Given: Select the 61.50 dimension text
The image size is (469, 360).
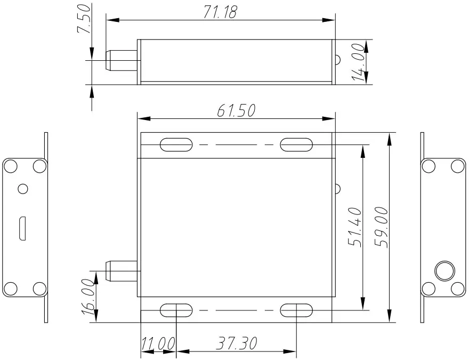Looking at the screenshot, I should (x=236, y=110).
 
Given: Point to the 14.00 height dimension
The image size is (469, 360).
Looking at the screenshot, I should (x=359, y=62).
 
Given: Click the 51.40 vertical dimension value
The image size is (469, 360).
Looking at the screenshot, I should (x=355, y=227).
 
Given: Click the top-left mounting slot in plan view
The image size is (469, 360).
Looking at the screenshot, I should (x=176, y=144).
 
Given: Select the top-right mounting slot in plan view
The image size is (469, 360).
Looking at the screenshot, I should (x=296, y=144).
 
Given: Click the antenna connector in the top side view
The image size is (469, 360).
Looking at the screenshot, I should (x=122, y=61).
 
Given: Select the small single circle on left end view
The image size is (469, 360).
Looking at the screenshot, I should (x=22, y=188).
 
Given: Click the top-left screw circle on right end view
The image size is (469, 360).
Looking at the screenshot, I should (x=428, y=166).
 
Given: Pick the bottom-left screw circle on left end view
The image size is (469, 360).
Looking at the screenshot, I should (x=10, y=289).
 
